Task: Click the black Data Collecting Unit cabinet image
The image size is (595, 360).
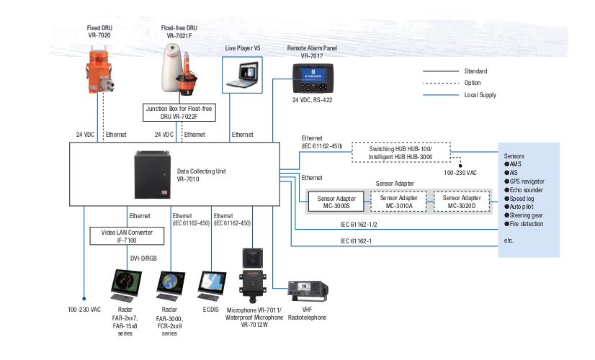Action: coord(153,174)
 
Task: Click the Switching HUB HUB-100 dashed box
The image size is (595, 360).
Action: coord(401,151)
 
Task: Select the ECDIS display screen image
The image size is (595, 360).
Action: coord(211,287)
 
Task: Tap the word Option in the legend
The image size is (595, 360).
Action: coord(473,83)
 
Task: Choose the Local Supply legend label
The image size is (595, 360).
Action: coord(480,94)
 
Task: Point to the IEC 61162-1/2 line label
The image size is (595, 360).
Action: coord(357,224)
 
